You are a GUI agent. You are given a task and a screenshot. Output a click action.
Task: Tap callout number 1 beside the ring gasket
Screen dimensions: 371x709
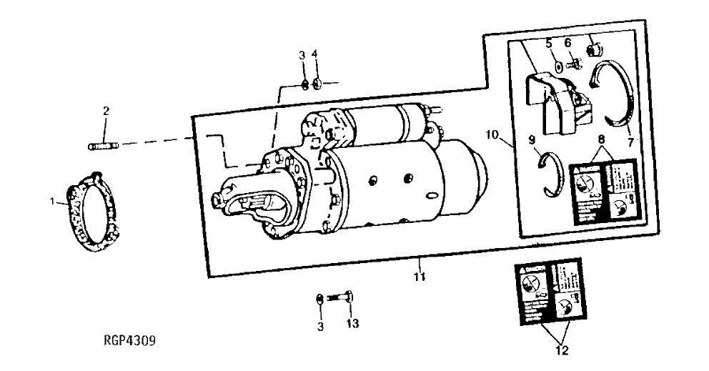click(53, 202)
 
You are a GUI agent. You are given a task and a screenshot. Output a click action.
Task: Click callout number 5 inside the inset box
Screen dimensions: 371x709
click(550, 44)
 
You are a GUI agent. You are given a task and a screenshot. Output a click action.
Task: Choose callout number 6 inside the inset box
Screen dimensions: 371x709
click(568, 44)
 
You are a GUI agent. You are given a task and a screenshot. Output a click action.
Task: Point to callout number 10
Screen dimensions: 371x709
click(493, 134)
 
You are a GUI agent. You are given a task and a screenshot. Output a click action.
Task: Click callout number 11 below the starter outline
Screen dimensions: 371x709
click(420, 276)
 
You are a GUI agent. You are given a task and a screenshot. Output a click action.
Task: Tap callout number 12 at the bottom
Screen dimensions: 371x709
click(560, 351)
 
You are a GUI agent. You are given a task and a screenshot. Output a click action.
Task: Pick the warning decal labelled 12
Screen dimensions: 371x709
click(551, 294)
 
